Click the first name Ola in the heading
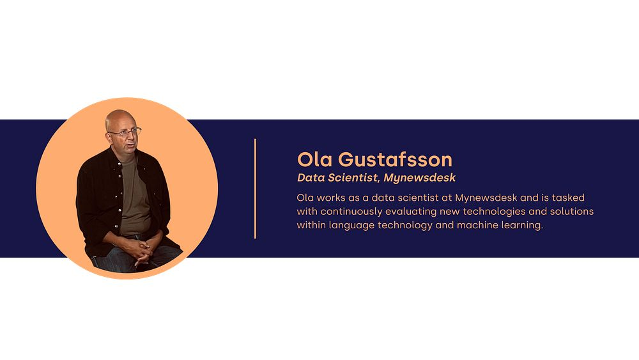click(x=314, y=159)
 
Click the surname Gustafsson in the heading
click(x=396, y=159)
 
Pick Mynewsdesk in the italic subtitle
click(x=420, y=178)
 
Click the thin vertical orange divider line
click(x=255, y=189)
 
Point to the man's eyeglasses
click(x=125, y=132)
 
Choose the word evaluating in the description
click(x=411, y=212)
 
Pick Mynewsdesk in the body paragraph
click(x=486, y=198)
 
